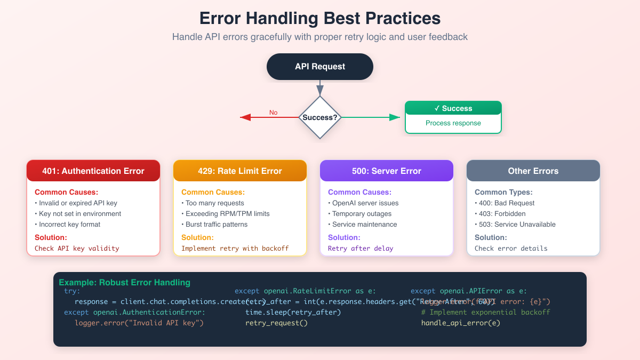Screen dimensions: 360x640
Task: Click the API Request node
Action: click(x=319, y=67)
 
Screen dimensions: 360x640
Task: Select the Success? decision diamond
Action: click(x=319, y=117)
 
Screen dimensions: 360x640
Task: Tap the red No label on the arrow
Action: click(x=273, y=113)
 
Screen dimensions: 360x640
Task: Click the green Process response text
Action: click(x=453, y=123)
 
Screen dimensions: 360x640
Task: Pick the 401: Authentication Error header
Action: click(x=93, y=171)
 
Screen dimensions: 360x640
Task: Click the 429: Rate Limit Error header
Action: click(x=239, y=171)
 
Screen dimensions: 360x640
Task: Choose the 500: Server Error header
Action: click(x=386, y=171)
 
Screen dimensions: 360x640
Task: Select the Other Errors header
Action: click(x=533, y=171)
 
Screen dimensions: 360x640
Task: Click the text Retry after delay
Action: click(x=361, y=249)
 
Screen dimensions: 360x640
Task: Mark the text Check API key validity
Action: click(x=77, y=249)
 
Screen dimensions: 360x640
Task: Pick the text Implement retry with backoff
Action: click(x=235, y=249)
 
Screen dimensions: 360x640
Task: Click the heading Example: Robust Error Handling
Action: click(x=124, y=283)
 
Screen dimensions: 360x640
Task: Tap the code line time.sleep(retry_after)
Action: click(x=293, y=313)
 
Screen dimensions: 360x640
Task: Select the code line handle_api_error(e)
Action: click(x=460, y=323)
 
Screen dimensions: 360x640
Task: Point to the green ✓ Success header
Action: click(x=453, y=108)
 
